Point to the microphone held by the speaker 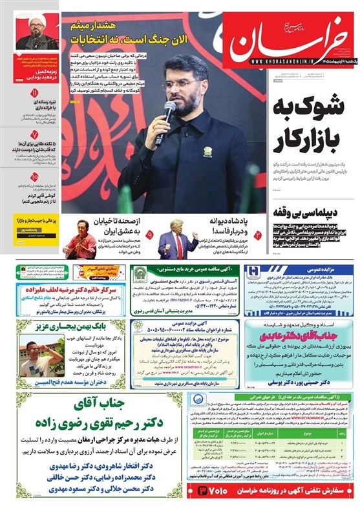point(165,116)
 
